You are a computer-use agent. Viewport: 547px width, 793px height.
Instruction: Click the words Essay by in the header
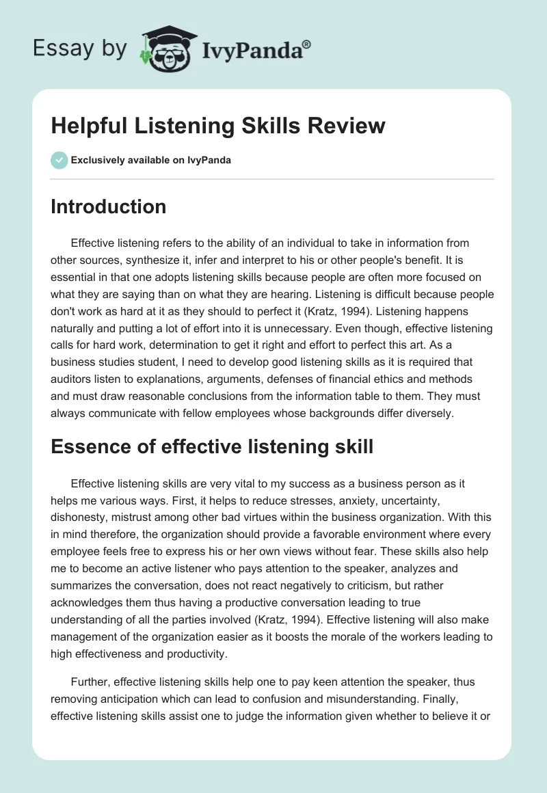[x=80, y=49]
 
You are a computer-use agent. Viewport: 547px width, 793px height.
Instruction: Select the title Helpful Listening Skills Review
[x=218, y=126]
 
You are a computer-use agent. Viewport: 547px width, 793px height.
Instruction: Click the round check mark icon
[x=59, y=160]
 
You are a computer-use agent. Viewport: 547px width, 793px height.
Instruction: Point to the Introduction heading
[x=108, y=206]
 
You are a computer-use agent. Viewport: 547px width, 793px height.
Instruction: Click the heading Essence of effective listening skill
[x=212, y=447]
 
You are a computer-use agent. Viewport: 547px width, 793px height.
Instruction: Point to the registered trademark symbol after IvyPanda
[x=307, y=43]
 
